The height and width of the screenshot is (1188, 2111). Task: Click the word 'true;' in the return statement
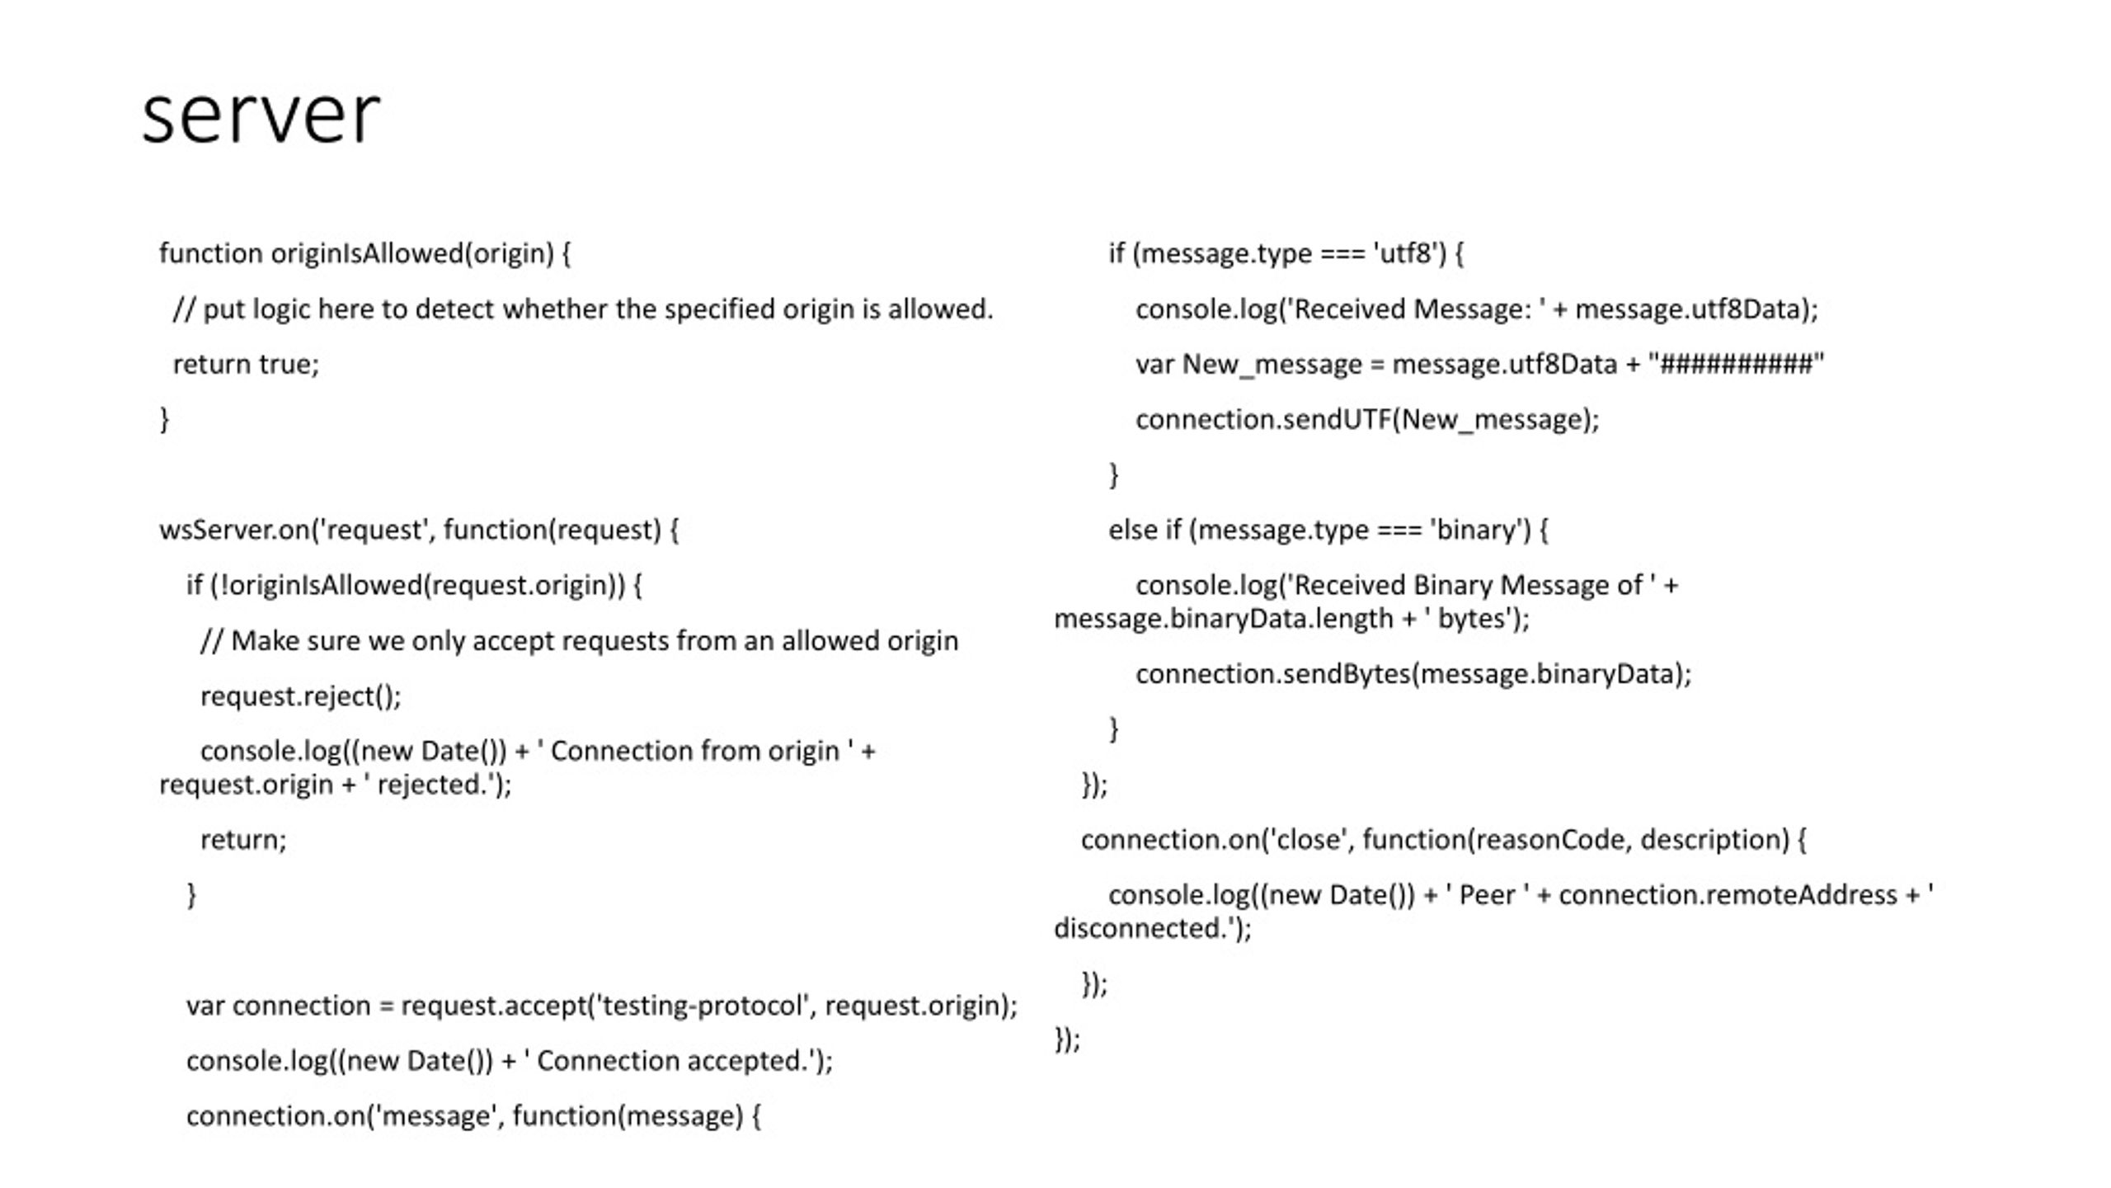[x=289, y=364]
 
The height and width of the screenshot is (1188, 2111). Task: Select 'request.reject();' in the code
[x=301, y=696]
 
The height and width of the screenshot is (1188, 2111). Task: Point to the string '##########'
[x=1736, y=364]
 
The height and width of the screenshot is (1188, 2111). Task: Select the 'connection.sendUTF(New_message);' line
[x=1367, y=420]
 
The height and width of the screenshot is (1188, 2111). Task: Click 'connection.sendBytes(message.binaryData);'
[x=1413, y=674]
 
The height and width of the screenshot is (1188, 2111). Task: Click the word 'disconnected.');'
[x=1153, y=929]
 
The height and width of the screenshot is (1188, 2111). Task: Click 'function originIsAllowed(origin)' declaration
[x=356, y=253]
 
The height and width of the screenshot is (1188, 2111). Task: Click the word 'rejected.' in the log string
[x=431, y=785]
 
